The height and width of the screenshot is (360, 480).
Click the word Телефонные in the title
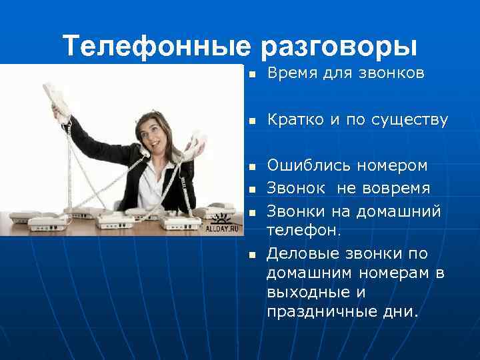156,46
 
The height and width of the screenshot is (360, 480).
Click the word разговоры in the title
339,46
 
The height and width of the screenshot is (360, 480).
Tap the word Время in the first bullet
289,73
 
